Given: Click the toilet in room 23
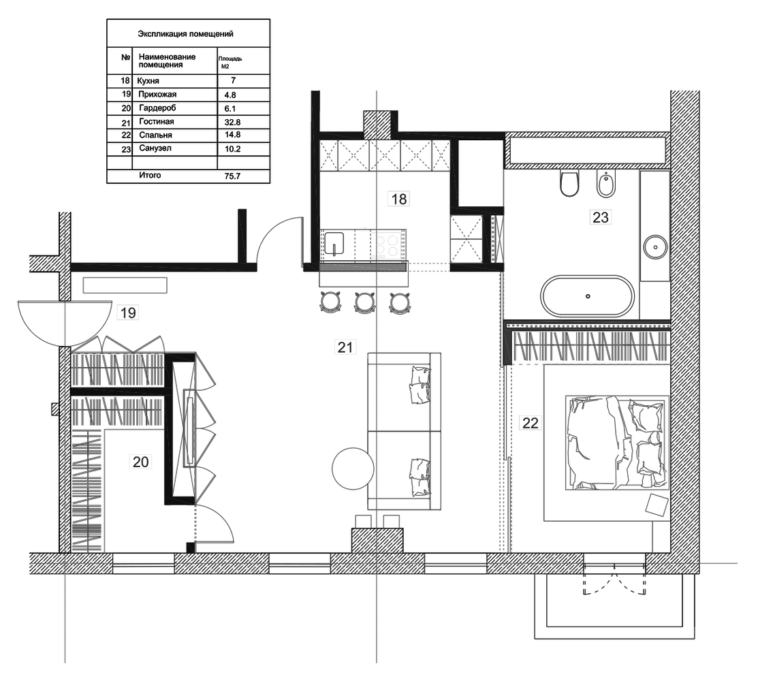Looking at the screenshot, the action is click(x=569, y=183).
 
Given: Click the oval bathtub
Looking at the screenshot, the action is click(x=587, y=296).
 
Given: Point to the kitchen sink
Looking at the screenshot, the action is click(x=334, y=244).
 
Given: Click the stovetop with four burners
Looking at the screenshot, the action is click(x=387, y=246).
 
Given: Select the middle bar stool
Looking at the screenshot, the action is click(x=364, y=302).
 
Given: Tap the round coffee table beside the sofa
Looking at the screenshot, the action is click(x=353, y=469).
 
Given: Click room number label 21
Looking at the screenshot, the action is click(x=345, y=347).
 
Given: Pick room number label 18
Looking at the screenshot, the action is click(x=399, y=199).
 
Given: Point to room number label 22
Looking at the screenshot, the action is click(x=531, y=423).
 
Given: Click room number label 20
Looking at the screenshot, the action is click(x=141, y=462).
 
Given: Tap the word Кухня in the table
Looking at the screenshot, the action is click(x=148, y=80).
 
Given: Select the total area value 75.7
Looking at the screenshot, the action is click(x=232, y=176).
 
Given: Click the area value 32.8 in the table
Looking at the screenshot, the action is click(x=232, y=122).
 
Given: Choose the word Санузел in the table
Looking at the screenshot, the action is click(x=155, y=148).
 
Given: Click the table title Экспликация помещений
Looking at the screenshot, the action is click(x=185, y=34).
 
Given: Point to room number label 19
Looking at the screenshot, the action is click(x=128, y=313).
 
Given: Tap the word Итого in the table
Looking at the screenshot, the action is click(x=150, y=175).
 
